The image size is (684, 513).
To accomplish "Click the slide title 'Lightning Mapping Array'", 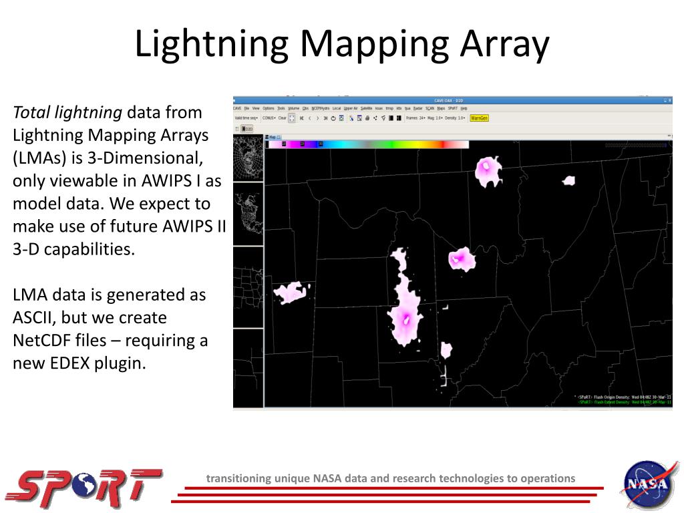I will pyautogui.click(x=341, y=44).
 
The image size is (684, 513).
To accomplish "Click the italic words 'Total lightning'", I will pyautogui.click(x=67, y=112).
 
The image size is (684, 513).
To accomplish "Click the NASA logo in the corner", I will pyautogui.click(x=646, y=484).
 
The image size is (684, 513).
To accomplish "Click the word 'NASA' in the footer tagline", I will pyautogui.click(x=329, y=478).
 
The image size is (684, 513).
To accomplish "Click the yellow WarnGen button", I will pyautogui.click(x=479, y=118).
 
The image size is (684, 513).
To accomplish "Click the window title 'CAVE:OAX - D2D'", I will pyautogui.click(x=453, y=101).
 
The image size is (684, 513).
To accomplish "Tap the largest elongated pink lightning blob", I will pyautogui.click(x=405, y=307).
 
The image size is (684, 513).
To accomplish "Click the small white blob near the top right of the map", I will pyautogui.click(x=569, y=180).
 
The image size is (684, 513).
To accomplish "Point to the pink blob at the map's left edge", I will pyautogui.click(x=293, y=292).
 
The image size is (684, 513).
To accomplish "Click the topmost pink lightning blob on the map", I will pyautogui.click(x=488, y=171).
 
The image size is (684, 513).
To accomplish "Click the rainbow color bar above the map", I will pyautogui.click(x=367, y=144).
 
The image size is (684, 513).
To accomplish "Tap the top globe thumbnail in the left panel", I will pyautogui.click(x=248, y=157).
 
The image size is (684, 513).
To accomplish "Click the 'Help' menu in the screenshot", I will pyautogui.click(x=464, y=108).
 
